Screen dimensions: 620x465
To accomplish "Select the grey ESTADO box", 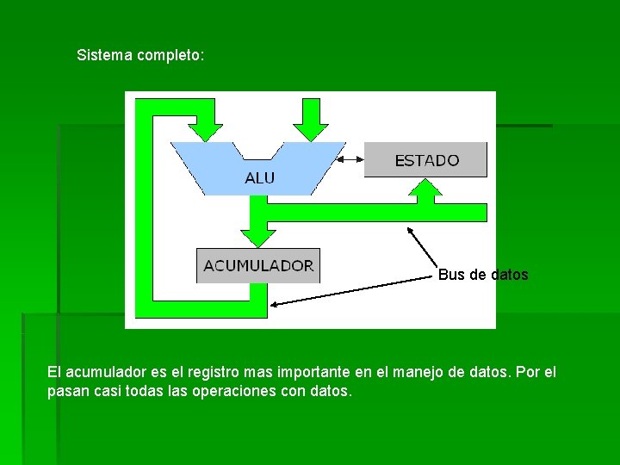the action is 426,160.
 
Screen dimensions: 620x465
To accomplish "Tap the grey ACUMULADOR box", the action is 258,265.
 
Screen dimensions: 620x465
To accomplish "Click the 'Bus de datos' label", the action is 483,275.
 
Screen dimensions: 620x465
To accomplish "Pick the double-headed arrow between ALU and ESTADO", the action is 351,159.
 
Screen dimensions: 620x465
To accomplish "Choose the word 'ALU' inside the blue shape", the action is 260,178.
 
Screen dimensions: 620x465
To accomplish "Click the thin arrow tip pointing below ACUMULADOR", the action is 272,303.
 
